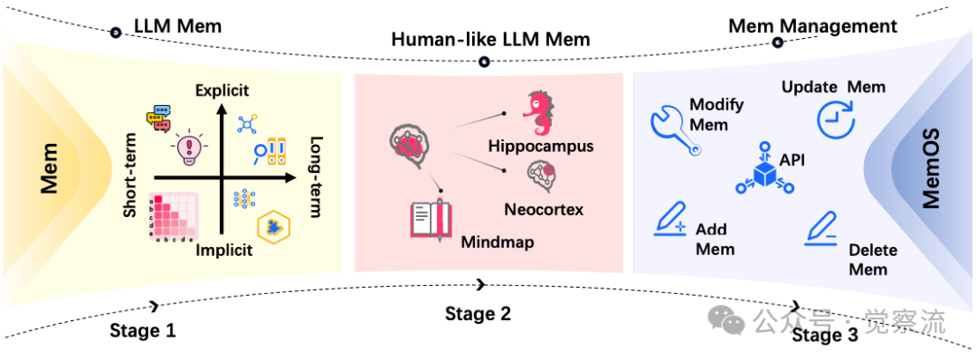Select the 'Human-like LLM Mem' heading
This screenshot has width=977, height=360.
[x=490, y=39]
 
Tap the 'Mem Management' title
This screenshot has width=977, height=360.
[x=812, y=25]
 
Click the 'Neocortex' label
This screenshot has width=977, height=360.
[x=543, y=209]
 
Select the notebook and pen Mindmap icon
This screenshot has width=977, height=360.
[x=432, y=220]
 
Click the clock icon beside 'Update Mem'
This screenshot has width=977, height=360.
[x=835, y=120]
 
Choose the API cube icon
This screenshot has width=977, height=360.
[x=764, y=168]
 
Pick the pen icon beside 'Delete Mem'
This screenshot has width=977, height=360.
[x=822, y=227]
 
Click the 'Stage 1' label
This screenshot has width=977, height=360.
[x=143, y=330]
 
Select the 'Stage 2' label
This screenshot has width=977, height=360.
[x=478, y=314]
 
